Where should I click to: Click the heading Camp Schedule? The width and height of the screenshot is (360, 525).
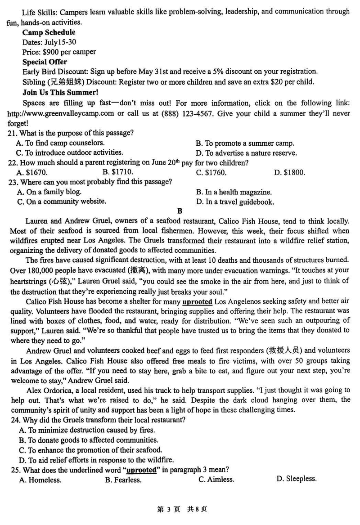pos(49,32)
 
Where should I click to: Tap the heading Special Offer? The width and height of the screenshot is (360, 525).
pos(45,62)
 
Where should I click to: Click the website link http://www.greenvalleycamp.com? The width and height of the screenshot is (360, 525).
pos(61,113)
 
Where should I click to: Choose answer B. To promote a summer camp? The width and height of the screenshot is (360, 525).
pos(245,144)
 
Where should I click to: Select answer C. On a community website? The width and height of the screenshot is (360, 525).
pos(62,202)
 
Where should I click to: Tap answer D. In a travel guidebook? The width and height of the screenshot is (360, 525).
pos(235,202)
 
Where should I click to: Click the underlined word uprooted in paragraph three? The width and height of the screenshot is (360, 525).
pos(197,301)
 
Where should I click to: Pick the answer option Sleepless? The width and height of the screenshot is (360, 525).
pos(297,479)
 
